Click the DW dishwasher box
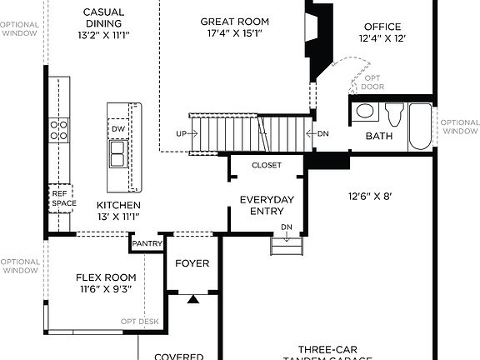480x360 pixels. pyautogui.click(x=117, y=129)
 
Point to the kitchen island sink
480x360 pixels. pyautogui.click(x=117, y=154)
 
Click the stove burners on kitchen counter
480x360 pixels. pyautogui.click(x=59, y=129)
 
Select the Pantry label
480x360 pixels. pyautogui.click(x=146, y=243)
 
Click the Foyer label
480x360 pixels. pyautogui.click(x=192, y=263)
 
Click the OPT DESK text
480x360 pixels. pyautogui.click(x=139, y=321)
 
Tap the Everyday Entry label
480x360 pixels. pyautogui.click(x=266, y=205)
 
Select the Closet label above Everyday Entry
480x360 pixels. pyautogui.click(x=266, y=165)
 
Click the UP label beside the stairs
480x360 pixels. pyautogui.click(x=182, y=133)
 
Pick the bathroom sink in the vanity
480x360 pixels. pyautogui.click(x=365, y=111)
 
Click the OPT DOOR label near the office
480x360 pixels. pyautogui.click(x=372, y=82)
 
